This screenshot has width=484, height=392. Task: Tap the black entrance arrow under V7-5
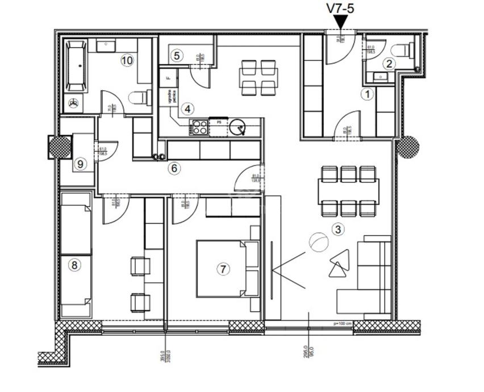tap(341, 22)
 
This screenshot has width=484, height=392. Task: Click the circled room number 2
tap(389, 64)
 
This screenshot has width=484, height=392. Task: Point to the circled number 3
tap(337, 230)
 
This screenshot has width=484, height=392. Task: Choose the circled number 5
tap(177, 56)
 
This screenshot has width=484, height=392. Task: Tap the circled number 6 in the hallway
tap(174, 168)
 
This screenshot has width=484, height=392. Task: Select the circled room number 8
tap(74, 264)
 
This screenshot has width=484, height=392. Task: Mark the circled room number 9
tap(80, 164)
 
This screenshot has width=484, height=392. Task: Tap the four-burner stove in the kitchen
tap(199, 127)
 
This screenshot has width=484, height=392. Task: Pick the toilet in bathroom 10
tap(139, 98)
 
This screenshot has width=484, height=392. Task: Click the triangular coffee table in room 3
tap(339, 263)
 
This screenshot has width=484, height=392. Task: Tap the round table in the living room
tap(318, 243)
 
